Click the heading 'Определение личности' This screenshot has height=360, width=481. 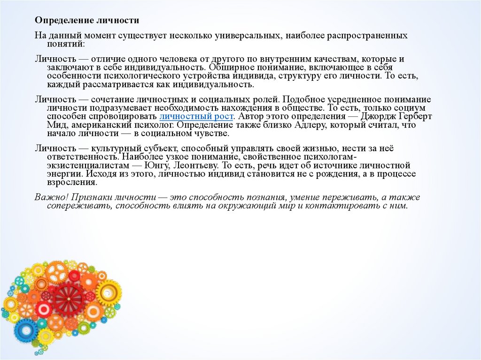(x=87, y=21)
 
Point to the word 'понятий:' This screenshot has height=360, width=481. (x=66, y=44)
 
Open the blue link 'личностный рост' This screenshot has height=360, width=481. (x=196, y=116)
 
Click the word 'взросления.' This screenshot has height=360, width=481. (x=68, y=183)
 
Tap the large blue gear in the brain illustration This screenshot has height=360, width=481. (x=26, y=331)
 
